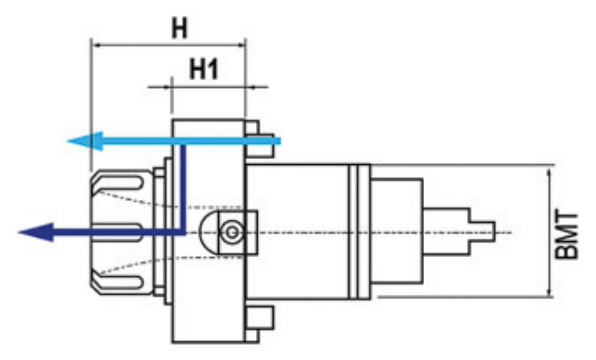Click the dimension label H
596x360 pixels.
click(179, 28)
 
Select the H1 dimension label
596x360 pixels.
click(204, 69)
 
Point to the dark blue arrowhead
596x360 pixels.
click(36, 232)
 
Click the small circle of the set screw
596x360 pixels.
click(232, 232)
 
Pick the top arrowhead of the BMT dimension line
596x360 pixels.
click(549, 175)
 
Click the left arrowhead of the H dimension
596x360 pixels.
click(99, 45)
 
